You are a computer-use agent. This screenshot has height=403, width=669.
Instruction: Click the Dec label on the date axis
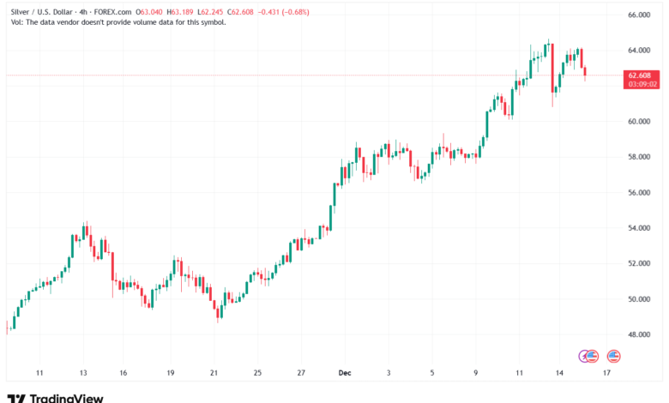point(345,373)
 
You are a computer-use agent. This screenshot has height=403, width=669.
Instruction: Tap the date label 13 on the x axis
point(83,373)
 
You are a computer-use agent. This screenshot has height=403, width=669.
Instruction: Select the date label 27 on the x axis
point(301,373)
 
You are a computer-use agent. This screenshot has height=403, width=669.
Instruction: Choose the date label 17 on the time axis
point(606,373)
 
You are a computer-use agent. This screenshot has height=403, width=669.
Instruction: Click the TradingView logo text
point(66,397)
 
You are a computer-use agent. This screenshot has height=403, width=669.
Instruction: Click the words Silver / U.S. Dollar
point(39,12)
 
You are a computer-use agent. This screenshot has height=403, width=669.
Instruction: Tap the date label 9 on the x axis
point(476,373)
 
